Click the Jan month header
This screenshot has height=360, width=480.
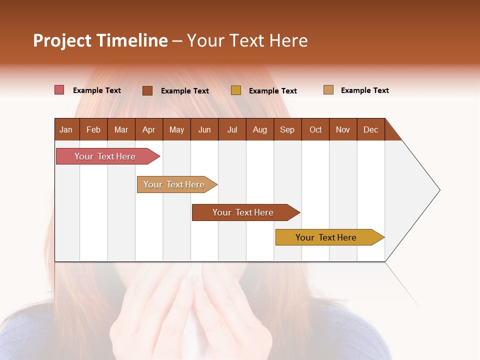coord(66,129)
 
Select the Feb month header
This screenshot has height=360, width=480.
coord(93,129)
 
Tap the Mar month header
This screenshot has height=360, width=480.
coord(121,129)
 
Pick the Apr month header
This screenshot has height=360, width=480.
coord(148,129)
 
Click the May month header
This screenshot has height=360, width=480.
coord(176,129)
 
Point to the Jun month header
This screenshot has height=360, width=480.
coord(204,129)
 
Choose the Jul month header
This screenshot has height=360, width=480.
coord(232,129)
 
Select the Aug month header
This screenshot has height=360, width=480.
coord(259,129)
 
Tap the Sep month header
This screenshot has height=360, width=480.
coord(287,129)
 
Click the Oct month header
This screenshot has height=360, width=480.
coord(315,129)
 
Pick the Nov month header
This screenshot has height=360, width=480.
coord(343,129)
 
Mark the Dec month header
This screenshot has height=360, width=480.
coord(370,129)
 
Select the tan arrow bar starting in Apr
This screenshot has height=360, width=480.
coord(175,184)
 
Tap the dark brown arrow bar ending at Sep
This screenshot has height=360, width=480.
coord(243,212)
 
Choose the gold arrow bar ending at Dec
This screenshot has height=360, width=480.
coord(327,237)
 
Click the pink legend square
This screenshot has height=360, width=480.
coord(59,90)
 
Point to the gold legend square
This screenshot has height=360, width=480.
coord(236,90)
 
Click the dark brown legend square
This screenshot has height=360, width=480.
coord(147,90)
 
